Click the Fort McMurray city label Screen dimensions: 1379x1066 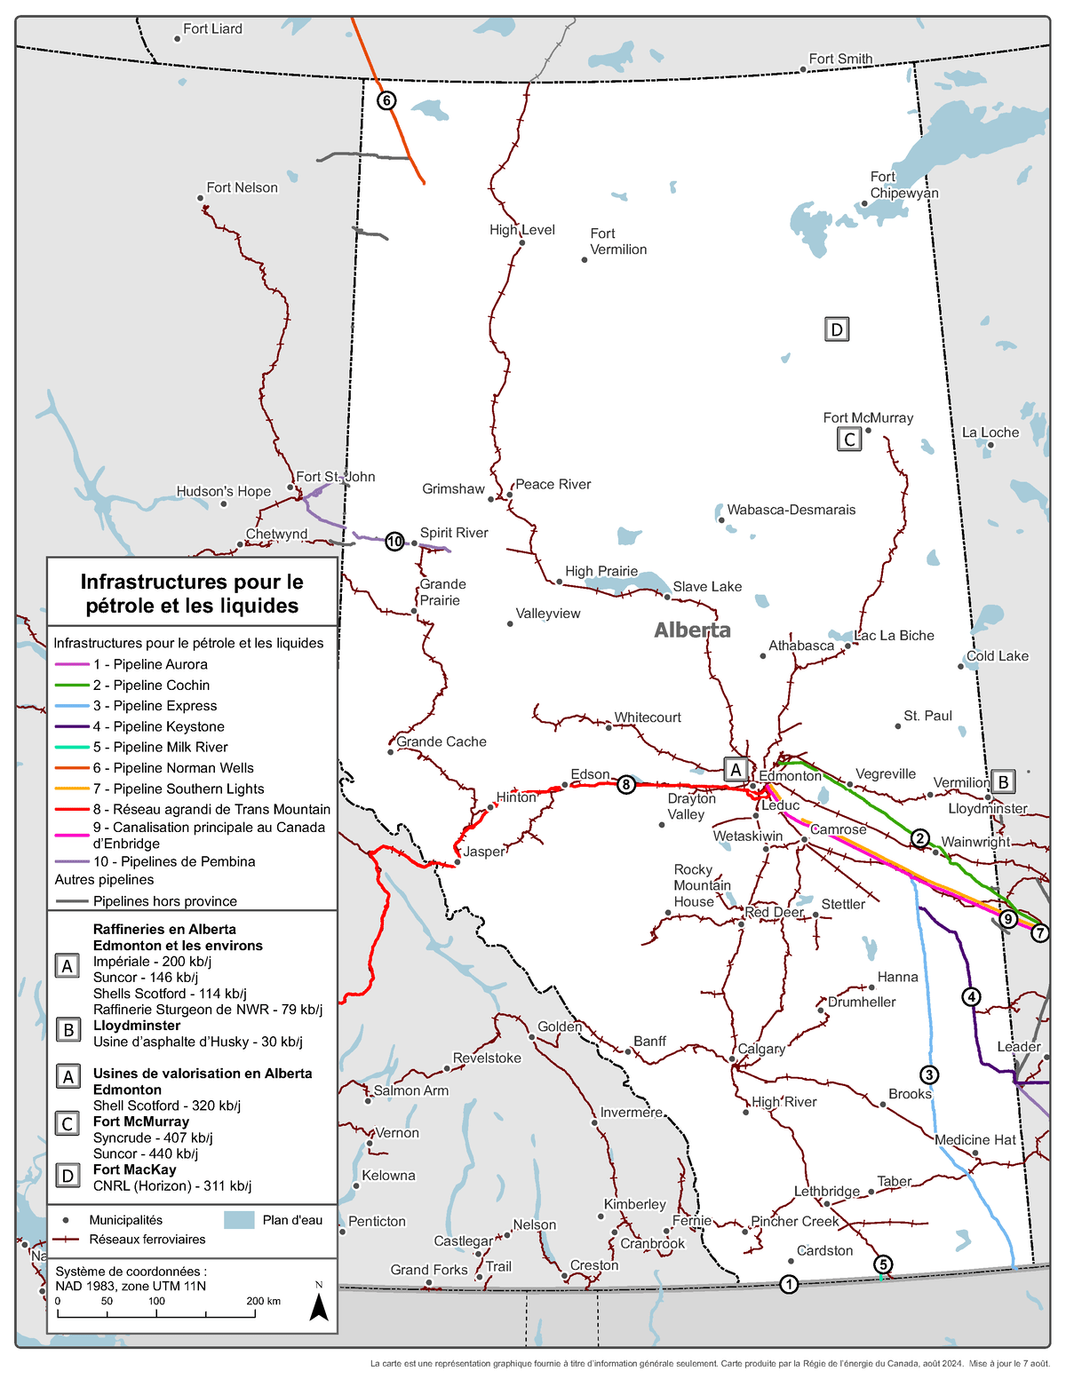click(x=867, y=417)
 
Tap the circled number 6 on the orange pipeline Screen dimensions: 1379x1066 click(x=386, y=100)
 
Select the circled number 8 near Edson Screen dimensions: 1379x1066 click(x=626, y=784)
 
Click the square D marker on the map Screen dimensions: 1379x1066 click(x=836, y=329)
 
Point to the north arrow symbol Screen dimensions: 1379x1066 click(x=319, y=1305)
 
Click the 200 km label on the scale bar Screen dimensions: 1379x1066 click(x=263, y=1301)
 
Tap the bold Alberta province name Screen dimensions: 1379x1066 click(x=692, y=630)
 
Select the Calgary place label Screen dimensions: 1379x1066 click(x=761, y=1049)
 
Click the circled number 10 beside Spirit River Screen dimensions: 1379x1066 click(x=394, y=542)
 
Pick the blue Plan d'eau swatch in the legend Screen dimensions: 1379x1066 click(x=239, y=1220)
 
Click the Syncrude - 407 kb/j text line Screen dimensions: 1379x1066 click(x=152, y=1137)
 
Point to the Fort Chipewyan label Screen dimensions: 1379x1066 click(x=903, y=185)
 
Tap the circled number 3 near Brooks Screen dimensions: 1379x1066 click(x=928, y=1074)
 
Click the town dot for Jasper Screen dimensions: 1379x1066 click(x=457, y=861)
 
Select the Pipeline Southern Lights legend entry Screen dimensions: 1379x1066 click(x=178, y=789)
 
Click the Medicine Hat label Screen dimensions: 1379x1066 click(x=975, y=1140)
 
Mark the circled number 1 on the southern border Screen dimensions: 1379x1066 click(x=789, y=1284)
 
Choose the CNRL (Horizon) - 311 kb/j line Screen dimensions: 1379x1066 click(x=171, y=1185)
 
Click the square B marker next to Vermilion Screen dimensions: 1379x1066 click(x=1003, y=781)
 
